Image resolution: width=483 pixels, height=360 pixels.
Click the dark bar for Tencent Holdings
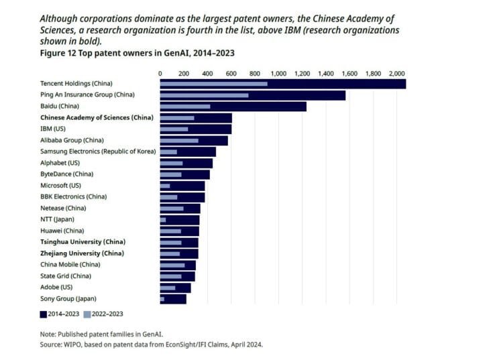click(335, 84)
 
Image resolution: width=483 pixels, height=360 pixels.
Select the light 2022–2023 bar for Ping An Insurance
click(204, 95)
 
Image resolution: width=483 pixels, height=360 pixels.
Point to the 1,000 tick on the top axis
click(278, 72)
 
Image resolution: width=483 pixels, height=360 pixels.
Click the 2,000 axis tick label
click(396, 72)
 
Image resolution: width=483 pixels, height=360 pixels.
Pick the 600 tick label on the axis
click(231, 72)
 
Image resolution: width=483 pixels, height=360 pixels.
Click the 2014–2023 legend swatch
click(44, 313)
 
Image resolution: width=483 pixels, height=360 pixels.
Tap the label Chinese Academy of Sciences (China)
click(97, 117)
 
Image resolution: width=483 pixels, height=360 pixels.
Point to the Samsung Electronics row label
click(98, 152)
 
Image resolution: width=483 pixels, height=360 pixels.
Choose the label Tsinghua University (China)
click(83, 241)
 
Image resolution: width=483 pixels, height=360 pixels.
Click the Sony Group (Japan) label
click(68, 298)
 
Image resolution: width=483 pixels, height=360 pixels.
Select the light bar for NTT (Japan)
click(162, 219)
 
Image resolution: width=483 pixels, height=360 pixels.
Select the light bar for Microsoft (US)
click(164, 186)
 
